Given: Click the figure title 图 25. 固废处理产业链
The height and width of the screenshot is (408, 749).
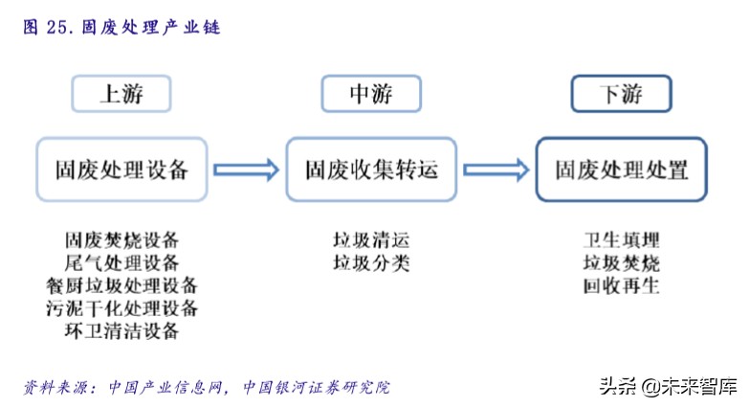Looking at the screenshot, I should pyautogui.click(x=121, y=28).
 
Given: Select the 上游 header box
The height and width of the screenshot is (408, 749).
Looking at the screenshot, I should pyautogui.click(x=121, y=94).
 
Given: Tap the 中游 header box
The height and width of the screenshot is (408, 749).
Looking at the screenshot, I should pyautogui.click(x=370, y=94).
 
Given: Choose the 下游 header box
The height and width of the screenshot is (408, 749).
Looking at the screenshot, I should pyautogui.click(x=621, y=94).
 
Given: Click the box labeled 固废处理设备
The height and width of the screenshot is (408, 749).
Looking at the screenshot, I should pyautogui.click(x=121, y=170).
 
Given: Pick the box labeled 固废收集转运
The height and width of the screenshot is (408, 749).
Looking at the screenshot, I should pyautogui.click(x=371, y=170).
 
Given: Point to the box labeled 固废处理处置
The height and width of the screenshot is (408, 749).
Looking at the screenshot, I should pyautogui.click(x=621, y=170).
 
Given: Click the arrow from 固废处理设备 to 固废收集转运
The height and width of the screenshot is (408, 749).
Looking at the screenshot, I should pyautogui.click(x=246, y=170).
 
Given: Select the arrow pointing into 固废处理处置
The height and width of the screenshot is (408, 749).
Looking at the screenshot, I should pyautogui.click(x=496, y=170).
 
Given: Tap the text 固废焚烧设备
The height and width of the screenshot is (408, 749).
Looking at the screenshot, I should pyautogui.click(x=121, y=240).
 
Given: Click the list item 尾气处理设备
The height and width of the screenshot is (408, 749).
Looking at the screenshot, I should pyautogui.click(x=121, y=262).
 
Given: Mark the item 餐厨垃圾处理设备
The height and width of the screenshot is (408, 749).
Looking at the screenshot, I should pyautogui.click(x=121, y=285).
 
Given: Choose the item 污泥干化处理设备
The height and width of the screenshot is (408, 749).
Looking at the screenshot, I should pyautogui.click(x=121, y=308).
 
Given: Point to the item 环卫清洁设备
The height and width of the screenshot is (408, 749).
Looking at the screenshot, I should pyautogui.click(x=121, y=331).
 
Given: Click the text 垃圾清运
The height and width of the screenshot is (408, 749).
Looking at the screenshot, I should pyautogui.click(x=371, y=240).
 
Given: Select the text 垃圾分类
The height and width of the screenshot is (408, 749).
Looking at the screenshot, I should pyautogui.click(x=371, y=262).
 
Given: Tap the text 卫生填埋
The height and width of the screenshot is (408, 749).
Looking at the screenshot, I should pyautogui.click(x=621, y=240).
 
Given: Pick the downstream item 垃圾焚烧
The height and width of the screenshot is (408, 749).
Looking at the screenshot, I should pyautogui.click(x=621, y=262).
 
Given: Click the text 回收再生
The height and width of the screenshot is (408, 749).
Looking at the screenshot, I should pyautogui.click(x=621, y=285).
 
